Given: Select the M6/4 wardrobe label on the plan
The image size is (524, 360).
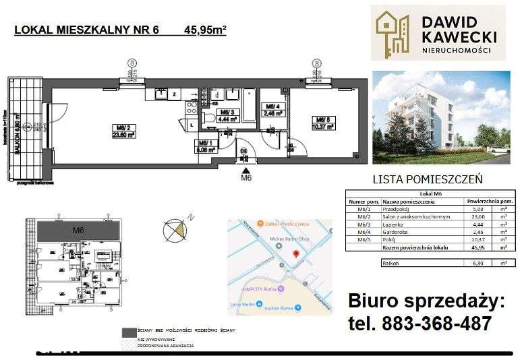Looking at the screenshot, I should [273, 107].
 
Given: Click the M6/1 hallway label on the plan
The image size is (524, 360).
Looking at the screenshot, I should [206, 142].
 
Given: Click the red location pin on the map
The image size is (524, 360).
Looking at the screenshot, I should [296, 252].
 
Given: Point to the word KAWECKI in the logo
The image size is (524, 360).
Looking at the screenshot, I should [459, 36].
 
